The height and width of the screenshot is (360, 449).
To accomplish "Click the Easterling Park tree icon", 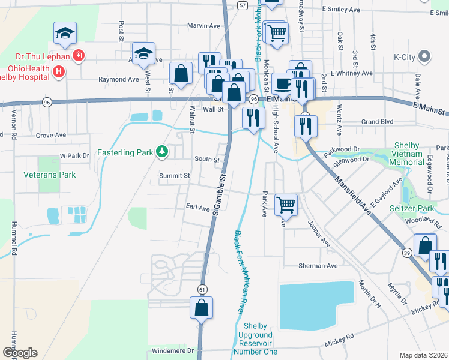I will (161, 152).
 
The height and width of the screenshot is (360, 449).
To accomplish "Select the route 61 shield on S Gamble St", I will (203, 289).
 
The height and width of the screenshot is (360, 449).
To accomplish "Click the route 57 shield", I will (241, 5).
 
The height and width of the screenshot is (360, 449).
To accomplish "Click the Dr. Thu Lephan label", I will (36, 56).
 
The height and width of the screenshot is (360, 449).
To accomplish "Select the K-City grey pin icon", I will (425, 58).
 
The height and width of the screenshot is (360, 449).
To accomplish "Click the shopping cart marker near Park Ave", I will (286, 204).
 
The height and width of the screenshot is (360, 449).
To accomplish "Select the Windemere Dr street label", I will (174, 350).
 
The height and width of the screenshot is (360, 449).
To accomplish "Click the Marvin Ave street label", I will (203, 26).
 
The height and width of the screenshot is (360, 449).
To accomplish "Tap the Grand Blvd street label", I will (378, 121).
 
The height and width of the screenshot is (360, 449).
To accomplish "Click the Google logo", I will (20, 353).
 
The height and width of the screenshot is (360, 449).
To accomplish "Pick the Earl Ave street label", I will (197, 208).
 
